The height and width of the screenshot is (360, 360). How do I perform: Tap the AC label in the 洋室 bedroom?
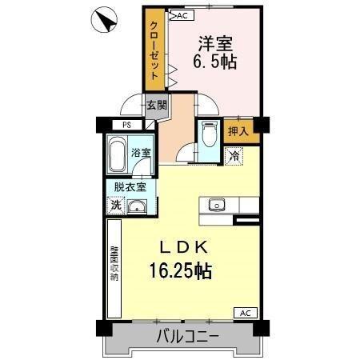pos(180,15)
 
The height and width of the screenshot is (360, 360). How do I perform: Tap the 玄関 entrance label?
pos(155,105)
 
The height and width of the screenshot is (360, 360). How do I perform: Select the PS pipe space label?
pos(126,125)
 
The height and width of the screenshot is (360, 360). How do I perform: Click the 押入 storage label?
pos(238,131)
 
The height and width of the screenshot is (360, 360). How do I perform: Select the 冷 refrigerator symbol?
pos(234,157)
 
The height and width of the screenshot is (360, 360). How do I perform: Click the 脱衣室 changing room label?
pos(129,187)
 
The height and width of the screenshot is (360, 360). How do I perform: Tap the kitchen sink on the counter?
pos(217,206)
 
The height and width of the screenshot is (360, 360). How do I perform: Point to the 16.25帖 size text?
pos(180,271)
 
